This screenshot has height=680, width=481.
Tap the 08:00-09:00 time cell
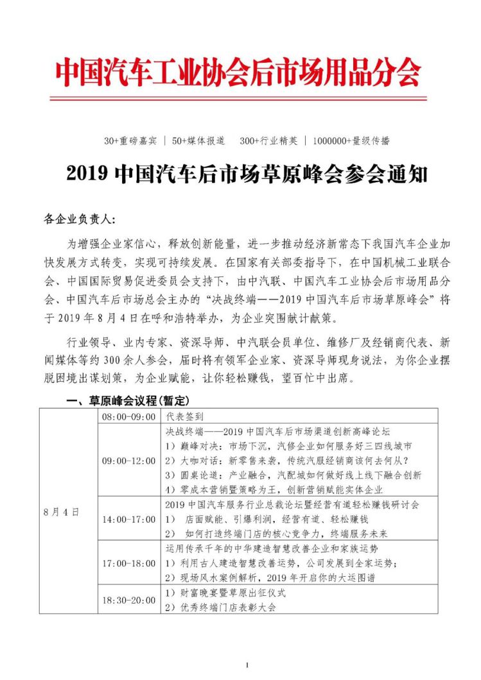(128, 416)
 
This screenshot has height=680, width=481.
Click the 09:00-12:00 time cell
(128, 461)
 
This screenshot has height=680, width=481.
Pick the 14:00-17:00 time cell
(128, 518)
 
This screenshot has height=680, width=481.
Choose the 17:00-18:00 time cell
(128, 563)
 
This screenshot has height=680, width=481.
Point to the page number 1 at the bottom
(247, 666)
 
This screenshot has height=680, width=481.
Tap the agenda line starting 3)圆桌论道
(293, 475)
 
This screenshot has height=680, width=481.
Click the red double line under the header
(238, 98)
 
